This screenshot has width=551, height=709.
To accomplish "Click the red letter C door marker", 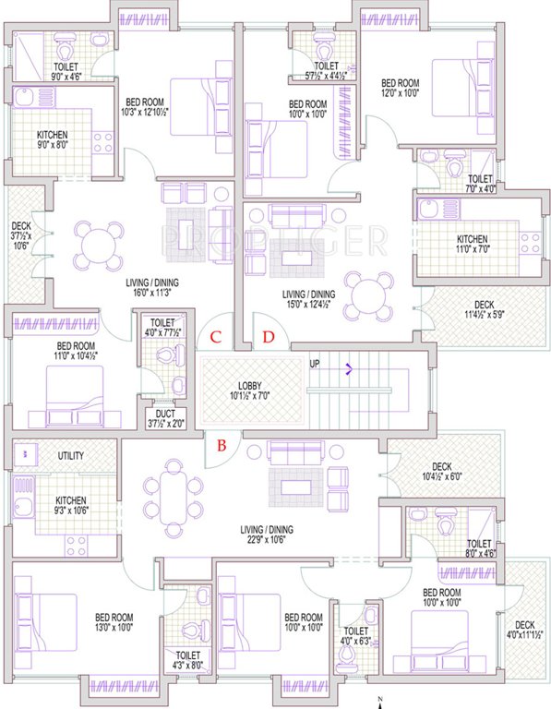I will point(214,338).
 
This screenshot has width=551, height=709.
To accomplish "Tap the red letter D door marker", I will point(269,338).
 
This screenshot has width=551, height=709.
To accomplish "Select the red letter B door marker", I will point(221,447).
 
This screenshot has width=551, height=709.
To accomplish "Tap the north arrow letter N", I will point(380,687).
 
